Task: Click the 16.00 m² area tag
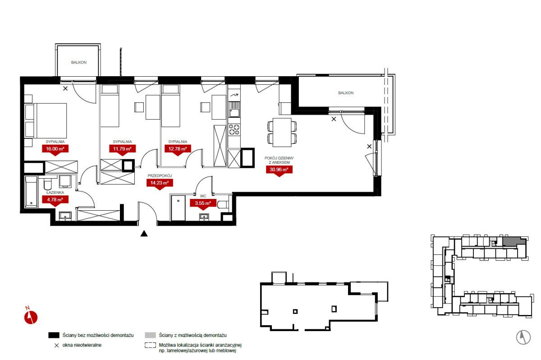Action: click(55, 149)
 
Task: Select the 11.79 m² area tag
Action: click(123, 149)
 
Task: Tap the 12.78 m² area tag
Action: click(178, 149)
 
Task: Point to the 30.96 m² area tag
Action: click(279, 170)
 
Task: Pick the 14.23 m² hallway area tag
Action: click(160, 183)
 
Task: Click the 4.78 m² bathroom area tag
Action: click(55, 200)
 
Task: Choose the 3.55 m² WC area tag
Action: click(203, 203)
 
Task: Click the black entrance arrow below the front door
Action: click(144, 233)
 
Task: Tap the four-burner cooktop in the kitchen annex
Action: click(234, 129)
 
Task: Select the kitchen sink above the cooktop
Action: click(234, 110)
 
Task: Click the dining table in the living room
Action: click(282, 132)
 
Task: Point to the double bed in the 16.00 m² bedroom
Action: click(46, 120)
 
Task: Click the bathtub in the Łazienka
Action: click(31, 192)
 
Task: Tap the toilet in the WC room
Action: click(223, 204)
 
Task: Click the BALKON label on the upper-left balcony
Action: click(79, 62)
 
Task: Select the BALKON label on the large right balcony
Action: click(346, 93)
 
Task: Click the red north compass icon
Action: click(31, 317)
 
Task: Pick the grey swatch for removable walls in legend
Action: click(150, 335)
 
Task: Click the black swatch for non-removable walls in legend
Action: click(54, 335)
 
